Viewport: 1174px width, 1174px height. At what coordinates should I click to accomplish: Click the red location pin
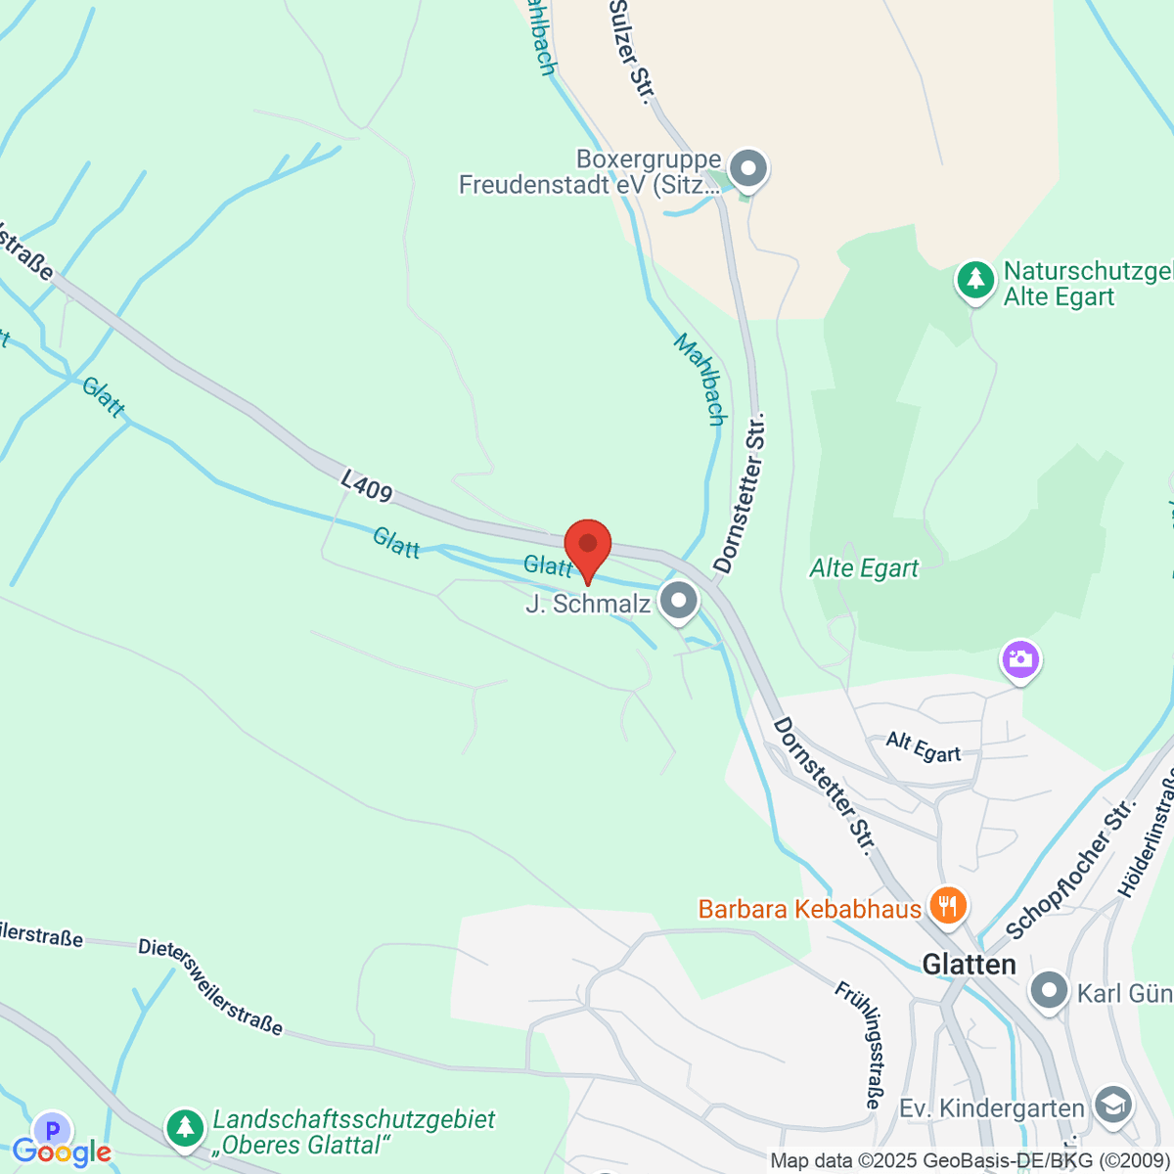588,546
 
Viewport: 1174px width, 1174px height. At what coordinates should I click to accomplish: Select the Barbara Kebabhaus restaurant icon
947,906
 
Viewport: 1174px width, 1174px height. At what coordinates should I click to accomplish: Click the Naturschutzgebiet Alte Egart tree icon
974,280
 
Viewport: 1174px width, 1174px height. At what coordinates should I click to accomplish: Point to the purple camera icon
1020,659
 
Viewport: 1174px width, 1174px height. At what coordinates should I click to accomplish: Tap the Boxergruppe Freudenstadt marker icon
748,168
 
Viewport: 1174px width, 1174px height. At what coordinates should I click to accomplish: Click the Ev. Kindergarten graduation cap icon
1112,1106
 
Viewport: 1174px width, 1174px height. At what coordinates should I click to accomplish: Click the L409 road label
367,486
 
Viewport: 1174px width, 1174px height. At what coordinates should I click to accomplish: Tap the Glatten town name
970,965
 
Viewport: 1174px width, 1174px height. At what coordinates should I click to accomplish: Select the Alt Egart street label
924,746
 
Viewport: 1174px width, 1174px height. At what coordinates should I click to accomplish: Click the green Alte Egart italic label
864,568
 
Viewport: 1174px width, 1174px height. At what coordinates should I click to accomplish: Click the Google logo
62,1152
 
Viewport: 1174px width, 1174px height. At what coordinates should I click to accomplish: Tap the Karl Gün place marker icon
1050,991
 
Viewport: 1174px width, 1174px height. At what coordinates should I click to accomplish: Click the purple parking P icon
52,1128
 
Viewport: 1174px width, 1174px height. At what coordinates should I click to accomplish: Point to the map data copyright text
970,1161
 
